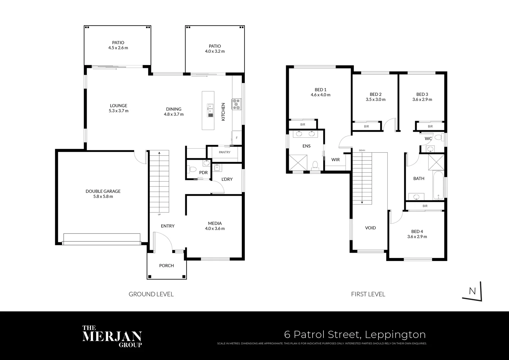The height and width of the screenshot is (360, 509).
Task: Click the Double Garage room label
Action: coord(103,191)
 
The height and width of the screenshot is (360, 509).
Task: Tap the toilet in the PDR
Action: coord(192,169)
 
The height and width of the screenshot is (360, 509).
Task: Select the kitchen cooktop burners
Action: coord(237,104)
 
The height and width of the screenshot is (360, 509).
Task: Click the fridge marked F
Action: coord(237,138)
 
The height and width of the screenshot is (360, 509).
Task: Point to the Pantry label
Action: coord(225,152)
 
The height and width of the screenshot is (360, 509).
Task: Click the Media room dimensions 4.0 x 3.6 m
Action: coord(215,229)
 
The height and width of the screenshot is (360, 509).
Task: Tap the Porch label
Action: coord(167,266)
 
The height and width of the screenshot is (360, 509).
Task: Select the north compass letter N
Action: coord(472,291)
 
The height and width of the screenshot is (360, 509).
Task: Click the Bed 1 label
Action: coord(320,90)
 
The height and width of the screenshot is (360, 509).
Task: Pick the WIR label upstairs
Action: coord(335,160)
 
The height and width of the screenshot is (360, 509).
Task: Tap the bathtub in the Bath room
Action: coord(438,185)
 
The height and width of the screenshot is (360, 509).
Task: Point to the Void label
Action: coord(370,228)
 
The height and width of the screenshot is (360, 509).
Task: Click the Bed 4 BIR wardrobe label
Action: coord(425,206)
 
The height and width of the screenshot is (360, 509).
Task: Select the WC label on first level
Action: coord(428,139)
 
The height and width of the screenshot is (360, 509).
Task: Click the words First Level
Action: coord(368,294)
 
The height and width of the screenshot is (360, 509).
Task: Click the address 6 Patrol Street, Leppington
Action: coord(355,334)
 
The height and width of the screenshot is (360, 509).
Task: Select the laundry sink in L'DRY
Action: coord(217,168)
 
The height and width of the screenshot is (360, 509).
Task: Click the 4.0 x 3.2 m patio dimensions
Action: coord(215,51)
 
